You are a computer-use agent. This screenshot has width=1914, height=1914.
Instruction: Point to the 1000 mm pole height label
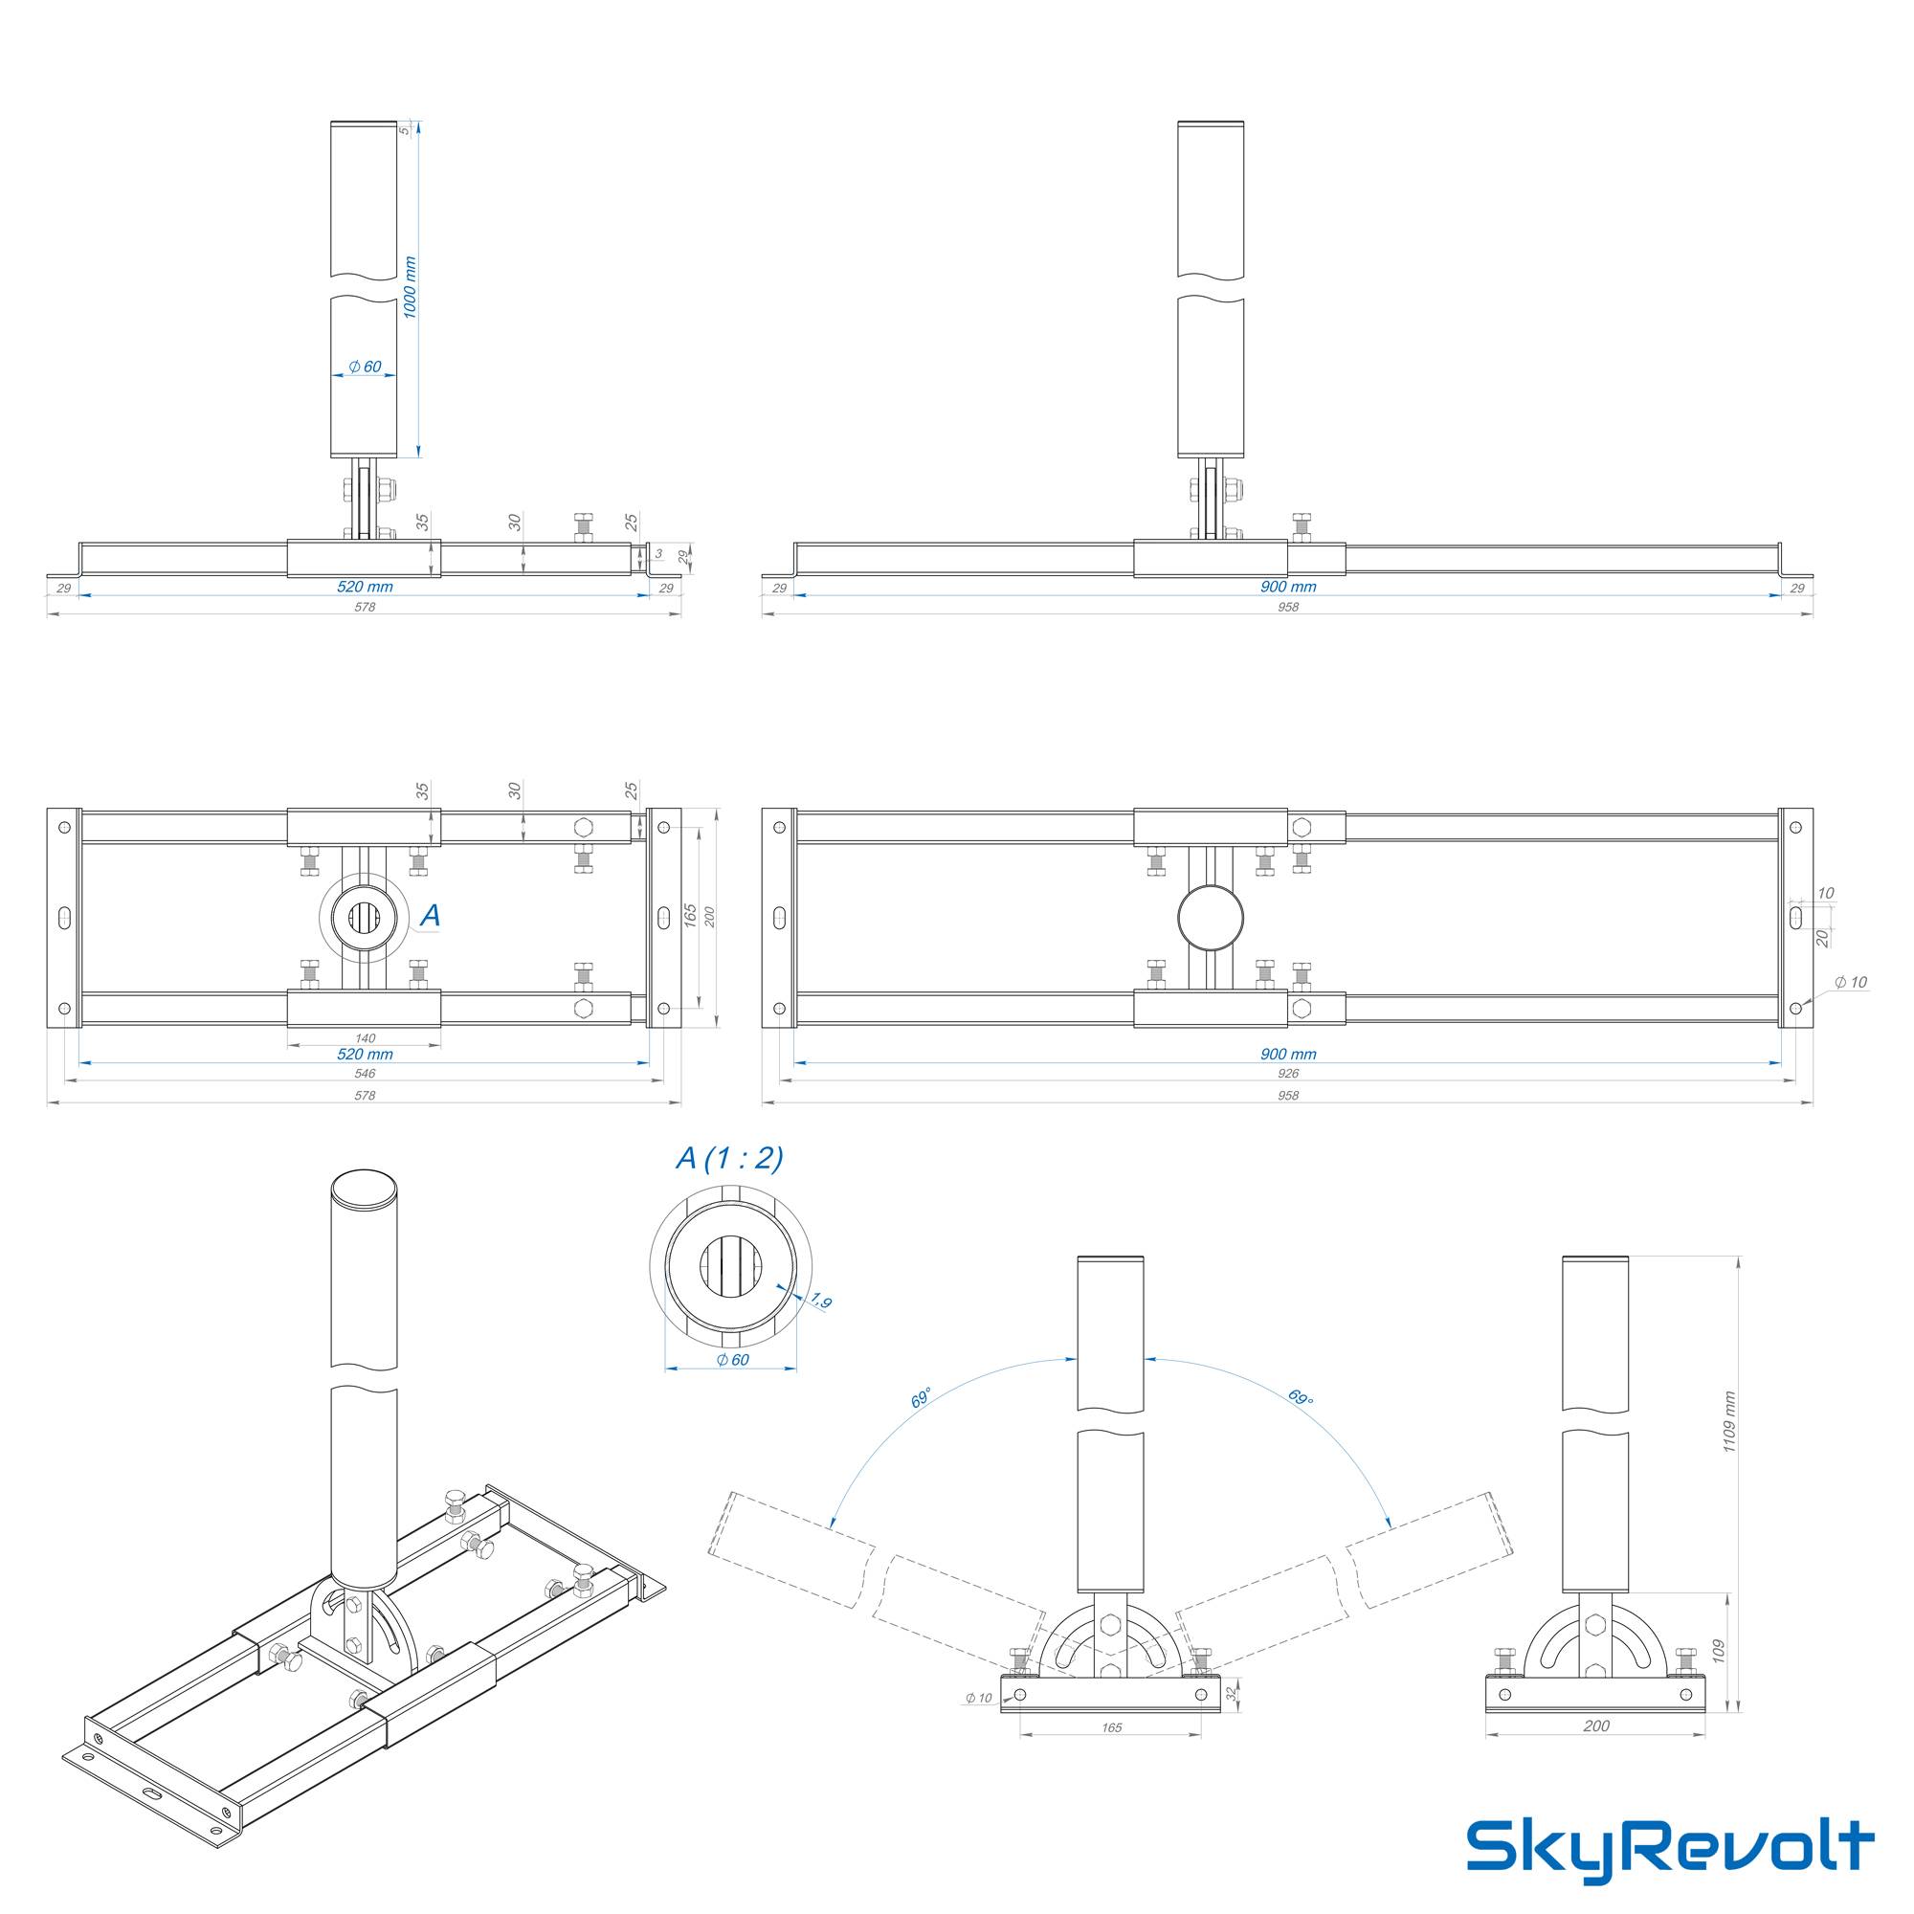click(411, 287)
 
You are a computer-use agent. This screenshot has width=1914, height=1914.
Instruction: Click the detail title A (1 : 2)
click(729, 1158)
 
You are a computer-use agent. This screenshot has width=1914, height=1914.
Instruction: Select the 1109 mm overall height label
click(1728, 1422)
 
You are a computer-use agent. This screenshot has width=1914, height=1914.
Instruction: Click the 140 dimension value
click(365, 1038)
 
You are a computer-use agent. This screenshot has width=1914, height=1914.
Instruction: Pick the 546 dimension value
click(365, 1073)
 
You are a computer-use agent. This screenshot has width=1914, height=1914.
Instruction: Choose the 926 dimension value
click(1288, 1073)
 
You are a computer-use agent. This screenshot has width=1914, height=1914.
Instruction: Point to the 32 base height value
click(1233, 1695)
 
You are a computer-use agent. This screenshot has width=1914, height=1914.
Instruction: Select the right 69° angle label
click(1301, 1398)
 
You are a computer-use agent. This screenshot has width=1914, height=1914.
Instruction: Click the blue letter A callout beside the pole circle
click(430, 917)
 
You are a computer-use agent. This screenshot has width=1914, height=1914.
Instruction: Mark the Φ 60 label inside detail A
click(732, 1359)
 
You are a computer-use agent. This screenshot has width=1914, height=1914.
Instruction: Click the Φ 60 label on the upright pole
click(365, 367)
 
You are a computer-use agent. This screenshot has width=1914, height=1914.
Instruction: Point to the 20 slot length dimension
click(1821, 937)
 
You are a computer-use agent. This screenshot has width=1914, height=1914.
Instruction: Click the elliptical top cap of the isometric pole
click(364, 1189)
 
